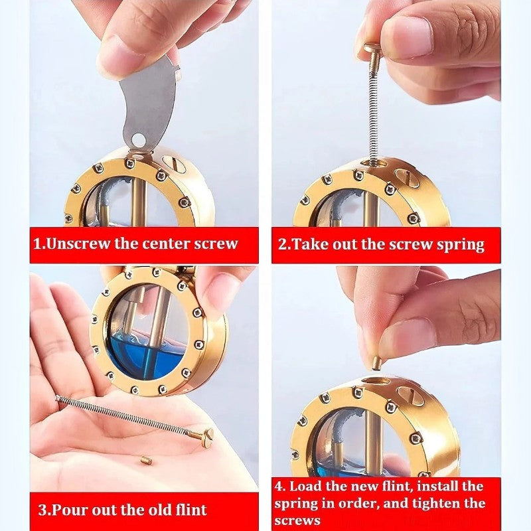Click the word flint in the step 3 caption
(191, 509)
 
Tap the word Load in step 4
(305, 486)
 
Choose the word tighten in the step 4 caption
(432, 504)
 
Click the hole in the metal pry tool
(138, 139)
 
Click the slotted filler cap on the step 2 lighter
(408, 177)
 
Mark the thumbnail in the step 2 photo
(409, 37)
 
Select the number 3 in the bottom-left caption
(42, 510)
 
